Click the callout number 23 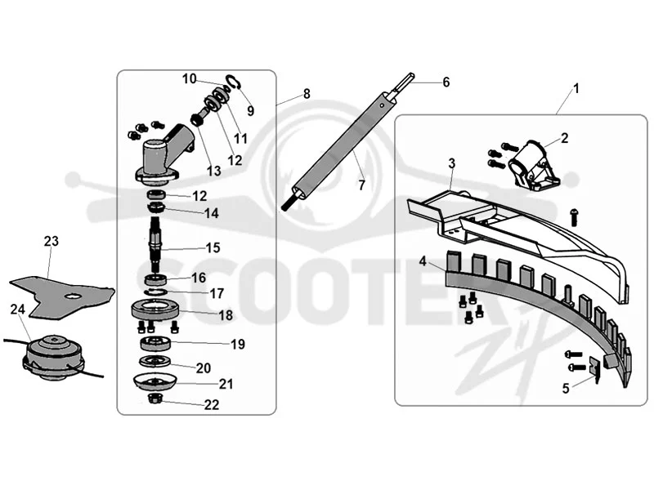[52, 241]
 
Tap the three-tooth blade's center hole [74, 296]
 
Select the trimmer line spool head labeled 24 [54, 358]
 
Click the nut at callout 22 [155, 398]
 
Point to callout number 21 [226, 384]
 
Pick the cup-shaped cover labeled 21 [155, 382]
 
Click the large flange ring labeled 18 [155, 310]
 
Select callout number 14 [212, 213]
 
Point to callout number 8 [307, 94]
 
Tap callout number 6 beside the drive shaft [446, 82]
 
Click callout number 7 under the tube [361, 185]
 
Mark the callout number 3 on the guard [452, 164]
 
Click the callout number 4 [423, 261]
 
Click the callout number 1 [576, 89]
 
